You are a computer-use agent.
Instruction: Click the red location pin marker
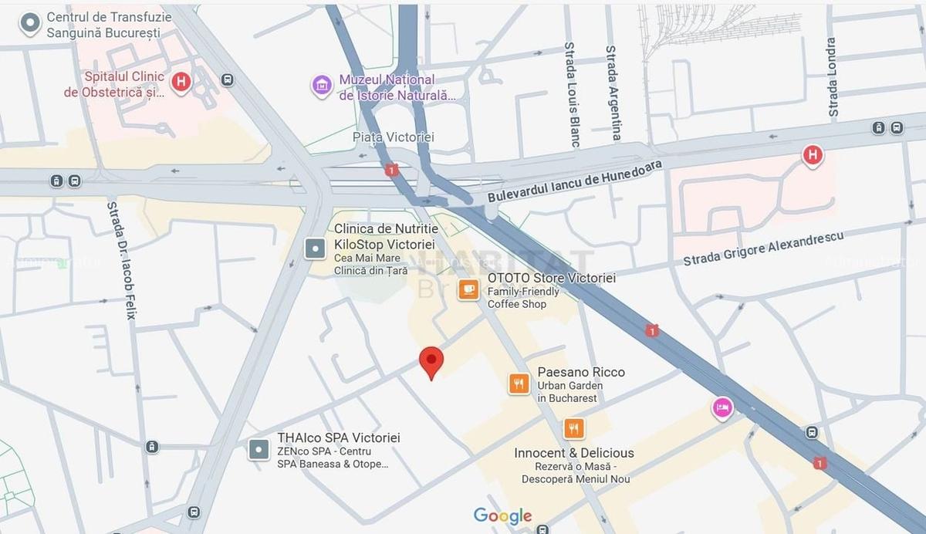(x=431, y=361)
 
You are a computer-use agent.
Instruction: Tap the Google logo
(x=502, y=515)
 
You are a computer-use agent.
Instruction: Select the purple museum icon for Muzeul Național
(x=322, y=85)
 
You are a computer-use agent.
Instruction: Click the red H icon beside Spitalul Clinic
(x=181, y=81)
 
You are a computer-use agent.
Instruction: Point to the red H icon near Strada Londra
(x=812, y=156)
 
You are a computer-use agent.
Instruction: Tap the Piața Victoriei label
(x=393, y=137)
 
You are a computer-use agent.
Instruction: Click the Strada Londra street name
(x=831, y=77)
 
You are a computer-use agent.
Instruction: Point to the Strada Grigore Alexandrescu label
(x=763, y=248)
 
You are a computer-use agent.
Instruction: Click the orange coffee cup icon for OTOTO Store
(x=468, y=289)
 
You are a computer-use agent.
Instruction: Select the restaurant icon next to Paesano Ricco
(x=519, y=384)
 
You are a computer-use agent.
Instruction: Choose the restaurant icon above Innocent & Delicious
(x=573, y=428)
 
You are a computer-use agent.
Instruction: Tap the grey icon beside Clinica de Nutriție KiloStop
(x=315, y=248)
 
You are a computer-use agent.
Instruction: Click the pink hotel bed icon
(x=722, y=407)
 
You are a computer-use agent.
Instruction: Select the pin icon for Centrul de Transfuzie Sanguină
(x=30, y=24)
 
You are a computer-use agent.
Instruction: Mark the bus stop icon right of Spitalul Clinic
(x=227, y=80)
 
